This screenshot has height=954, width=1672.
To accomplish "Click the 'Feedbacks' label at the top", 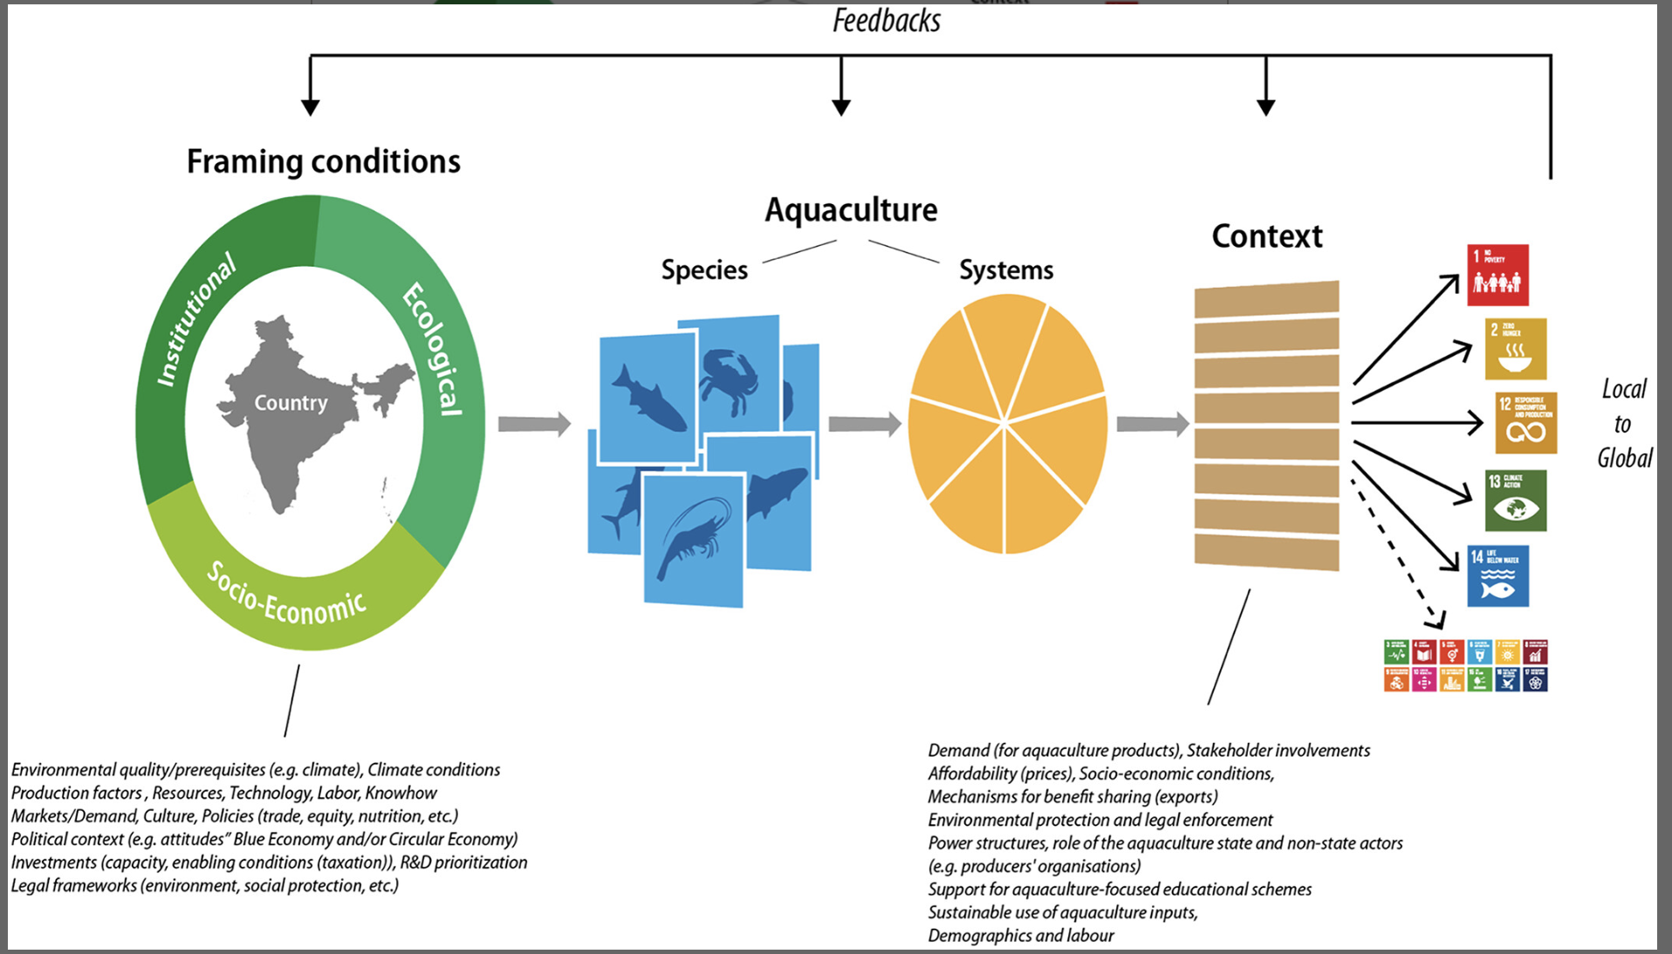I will click(886, 21).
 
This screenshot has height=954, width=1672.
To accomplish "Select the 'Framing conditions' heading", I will click(323, 162).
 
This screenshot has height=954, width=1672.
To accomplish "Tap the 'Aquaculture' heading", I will click(851, 210).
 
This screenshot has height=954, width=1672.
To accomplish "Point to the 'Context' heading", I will click(1266, 236).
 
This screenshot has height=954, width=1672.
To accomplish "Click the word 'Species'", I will click(704, 270).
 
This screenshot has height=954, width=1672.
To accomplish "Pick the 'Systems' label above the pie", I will click(1006, 270).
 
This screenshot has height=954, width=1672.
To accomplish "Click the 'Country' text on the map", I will click(291, 403).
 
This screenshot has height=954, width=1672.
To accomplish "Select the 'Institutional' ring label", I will click(195, 319).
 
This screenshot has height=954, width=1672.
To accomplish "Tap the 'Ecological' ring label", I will click(433, 348).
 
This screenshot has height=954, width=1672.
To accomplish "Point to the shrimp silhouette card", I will click(693, 539).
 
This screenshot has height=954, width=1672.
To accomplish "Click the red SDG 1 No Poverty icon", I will click(1497, 275).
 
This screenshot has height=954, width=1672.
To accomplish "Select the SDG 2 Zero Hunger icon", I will click(1515, 349).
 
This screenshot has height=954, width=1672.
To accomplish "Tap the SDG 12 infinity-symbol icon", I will click(1525, 423).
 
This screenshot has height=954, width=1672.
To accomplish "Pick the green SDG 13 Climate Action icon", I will click(1515, 501).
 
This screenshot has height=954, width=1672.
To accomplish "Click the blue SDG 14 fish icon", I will click(1497, 576).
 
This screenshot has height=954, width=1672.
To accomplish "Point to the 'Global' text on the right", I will click(1624, 458).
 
